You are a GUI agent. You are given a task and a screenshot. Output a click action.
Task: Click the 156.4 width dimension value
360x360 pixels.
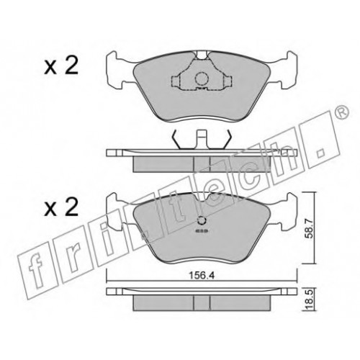coord(202,276)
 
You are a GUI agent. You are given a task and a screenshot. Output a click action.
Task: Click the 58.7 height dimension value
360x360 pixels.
coord(309,229)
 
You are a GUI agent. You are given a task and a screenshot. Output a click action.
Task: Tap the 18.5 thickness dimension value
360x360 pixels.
coord(309,300)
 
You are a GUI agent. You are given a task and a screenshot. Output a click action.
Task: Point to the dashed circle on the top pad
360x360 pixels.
coord(201,78)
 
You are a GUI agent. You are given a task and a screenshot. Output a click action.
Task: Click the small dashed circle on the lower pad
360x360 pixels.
coord(202,220)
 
